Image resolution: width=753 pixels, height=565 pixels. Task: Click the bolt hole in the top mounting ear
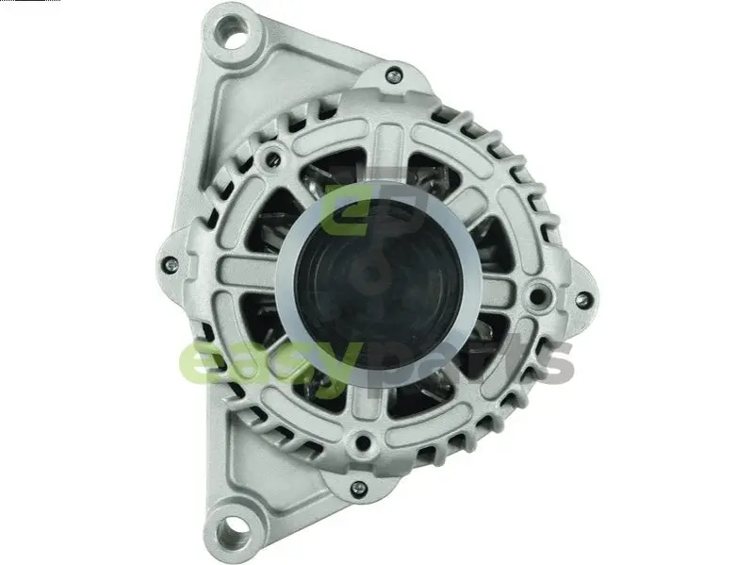click(234, 33)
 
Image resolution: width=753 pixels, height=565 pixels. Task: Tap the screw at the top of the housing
click(394, 75)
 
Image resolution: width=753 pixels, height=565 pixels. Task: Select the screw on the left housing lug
click(169, 264)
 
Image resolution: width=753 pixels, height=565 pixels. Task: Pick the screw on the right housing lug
click(583, 300)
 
